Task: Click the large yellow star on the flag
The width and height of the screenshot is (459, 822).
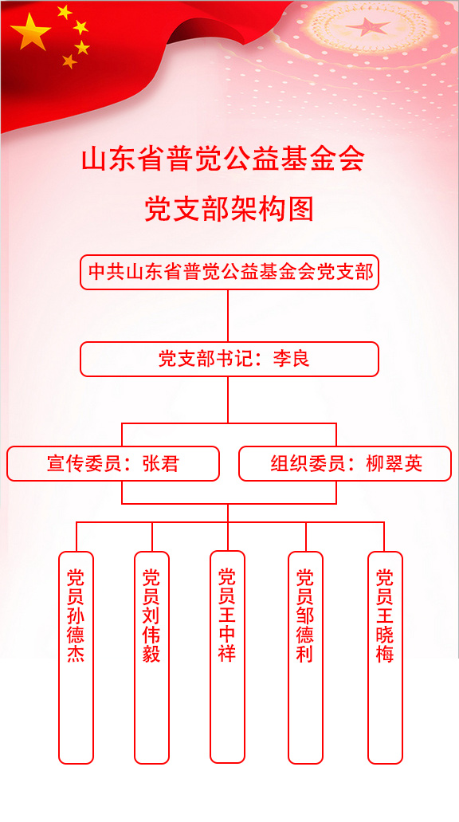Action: [x=30, y=32]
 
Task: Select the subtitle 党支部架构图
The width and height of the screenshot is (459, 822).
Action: [x=229, y=209]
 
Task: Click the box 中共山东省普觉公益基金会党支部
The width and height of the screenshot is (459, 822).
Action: [x=229, y=272]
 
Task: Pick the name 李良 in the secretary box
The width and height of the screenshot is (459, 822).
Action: [x=292, y=359]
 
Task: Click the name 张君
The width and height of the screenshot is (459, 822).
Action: [x=161, y=463]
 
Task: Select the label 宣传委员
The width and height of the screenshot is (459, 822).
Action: [x=85, y=463]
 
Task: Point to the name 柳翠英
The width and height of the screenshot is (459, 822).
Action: [x=394, y=463]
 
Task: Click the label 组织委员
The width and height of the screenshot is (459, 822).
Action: [x=308, y=463]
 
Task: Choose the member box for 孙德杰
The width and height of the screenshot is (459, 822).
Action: [x=76, y=658]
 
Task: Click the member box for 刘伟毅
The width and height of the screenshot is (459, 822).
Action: [x=152, y=658]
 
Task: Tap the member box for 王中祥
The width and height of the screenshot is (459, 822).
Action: [x=227, y=657]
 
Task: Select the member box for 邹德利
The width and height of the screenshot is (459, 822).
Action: [x=305, y=658]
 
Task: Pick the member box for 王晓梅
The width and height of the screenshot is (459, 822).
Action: [x=385, y=658]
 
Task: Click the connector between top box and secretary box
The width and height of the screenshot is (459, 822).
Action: [x=228, y=316]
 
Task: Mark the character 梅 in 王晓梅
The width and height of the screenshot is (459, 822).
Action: [x=385, y=655]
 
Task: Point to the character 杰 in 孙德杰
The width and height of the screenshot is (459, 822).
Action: [x=76, y=655]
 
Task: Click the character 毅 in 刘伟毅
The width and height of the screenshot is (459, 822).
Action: [x=152, y=655]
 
